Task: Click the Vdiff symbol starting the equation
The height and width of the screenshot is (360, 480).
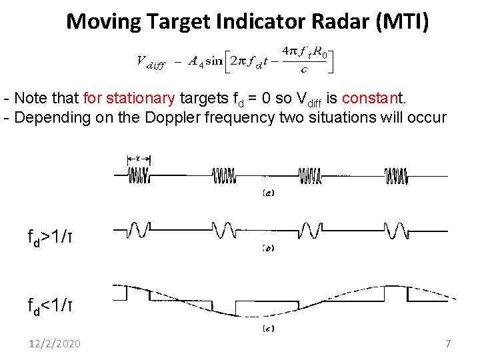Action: (151, 61)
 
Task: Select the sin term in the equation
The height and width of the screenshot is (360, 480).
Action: (213, 61)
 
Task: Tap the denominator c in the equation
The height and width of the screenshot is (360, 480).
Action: (304, 69)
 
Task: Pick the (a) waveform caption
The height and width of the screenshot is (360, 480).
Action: (268, 193)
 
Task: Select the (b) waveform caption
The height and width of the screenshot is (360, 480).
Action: (268, 248)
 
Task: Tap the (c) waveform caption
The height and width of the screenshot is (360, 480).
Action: (268, 328)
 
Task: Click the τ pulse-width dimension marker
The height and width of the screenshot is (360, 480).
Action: (138, 159)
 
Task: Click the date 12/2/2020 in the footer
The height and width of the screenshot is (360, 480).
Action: (54, 343)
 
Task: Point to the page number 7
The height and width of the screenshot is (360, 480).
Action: (448, 343)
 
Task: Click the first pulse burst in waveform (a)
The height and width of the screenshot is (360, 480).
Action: (139, 175)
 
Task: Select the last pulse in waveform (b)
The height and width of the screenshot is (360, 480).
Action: (395, 230)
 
